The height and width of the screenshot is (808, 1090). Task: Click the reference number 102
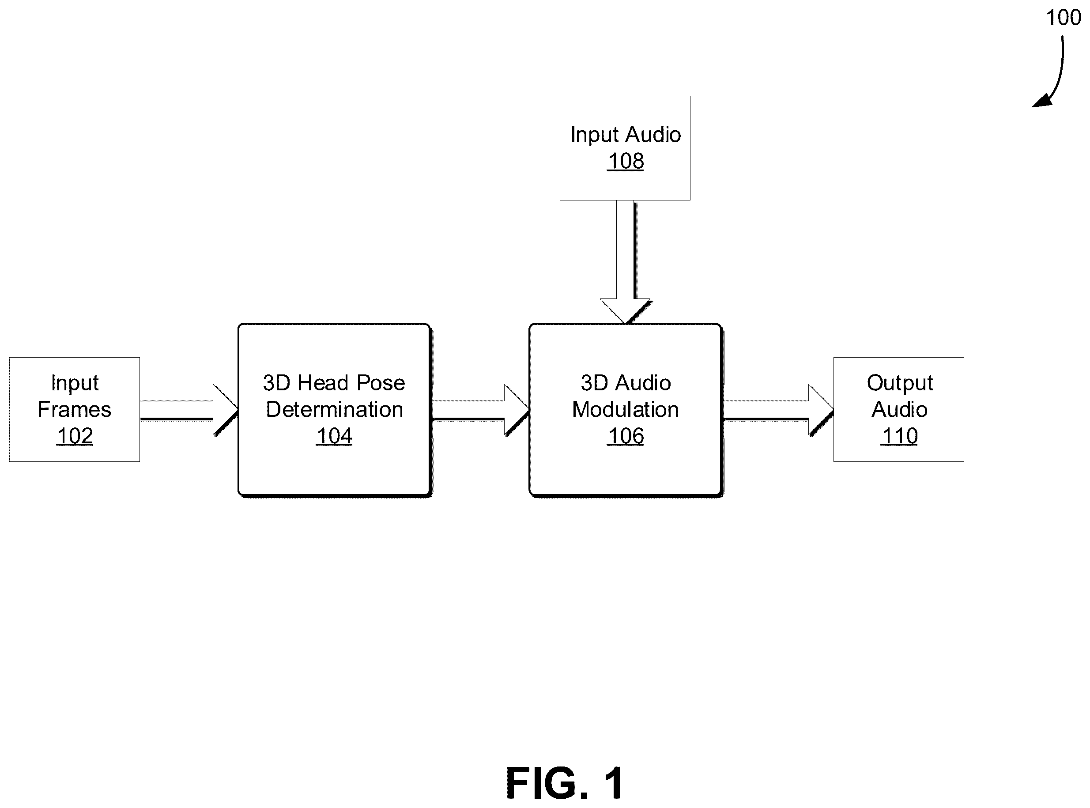coord(75,436)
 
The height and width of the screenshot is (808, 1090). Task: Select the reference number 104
coord(335,436)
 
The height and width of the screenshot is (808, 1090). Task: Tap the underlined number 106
coord(626,436)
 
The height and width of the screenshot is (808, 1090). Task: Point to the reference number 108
coord(626,161)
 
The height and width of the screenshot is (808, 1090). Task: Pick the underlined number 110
coord(899,436)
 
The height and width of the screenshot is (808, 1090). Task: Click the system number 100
coord(1063,18)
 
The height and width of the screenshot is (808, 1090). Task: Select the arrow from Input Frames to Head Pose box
coord(189,410)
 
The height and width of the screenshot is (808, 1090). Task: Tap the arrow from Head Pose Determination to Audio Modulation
coord(481,410)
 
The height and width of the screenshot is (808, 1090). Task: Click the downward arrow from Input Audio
coord(626,262)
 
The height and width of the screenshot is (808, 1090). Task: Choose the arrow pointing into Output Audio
coord(778,410)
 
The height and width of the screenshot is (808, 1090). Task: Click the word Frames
coord(74,409)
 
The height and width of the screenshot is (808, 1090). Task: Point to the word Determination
coord(335,409)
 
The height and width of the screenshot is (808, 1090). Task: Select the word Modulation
coord(626,409)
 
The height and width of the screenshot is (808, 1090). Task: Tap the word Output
coord(900,383)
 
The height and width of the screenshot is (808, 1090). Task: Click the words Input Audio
coord(626,135)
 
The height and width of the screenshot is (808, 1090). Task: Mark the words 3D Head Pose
coord(334,383)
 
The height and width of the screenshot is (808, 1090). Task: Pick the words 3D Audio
coord(626,383)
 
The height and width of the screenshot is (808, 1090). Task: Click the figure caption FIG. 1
coord(565,783)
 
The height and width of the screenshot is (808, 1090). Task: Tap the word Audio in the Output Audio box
coord(899,409)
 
